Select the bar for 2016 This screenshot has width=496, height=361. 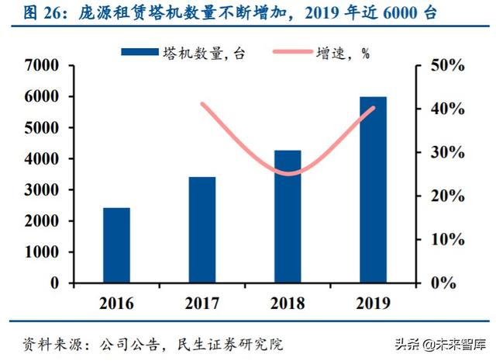116,245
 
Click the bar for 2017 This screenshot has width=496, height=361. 202,230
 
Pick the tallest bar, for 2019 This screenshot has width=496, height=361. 373,189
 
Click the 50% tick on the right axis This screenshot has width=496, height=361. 446,66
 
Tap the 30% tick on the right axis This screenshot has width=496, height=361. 446,153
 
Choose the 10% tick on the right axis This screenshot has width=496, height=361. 446,240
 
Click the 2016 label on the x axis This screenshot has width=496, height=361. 116,302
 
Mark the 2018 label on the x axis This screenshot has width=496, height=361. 288,302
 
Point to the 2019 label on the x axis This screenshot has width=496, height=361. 373,302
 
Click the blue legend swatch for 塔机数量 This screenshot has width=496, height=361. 140,52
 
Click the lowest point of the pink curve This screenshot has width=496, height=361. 288,173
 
